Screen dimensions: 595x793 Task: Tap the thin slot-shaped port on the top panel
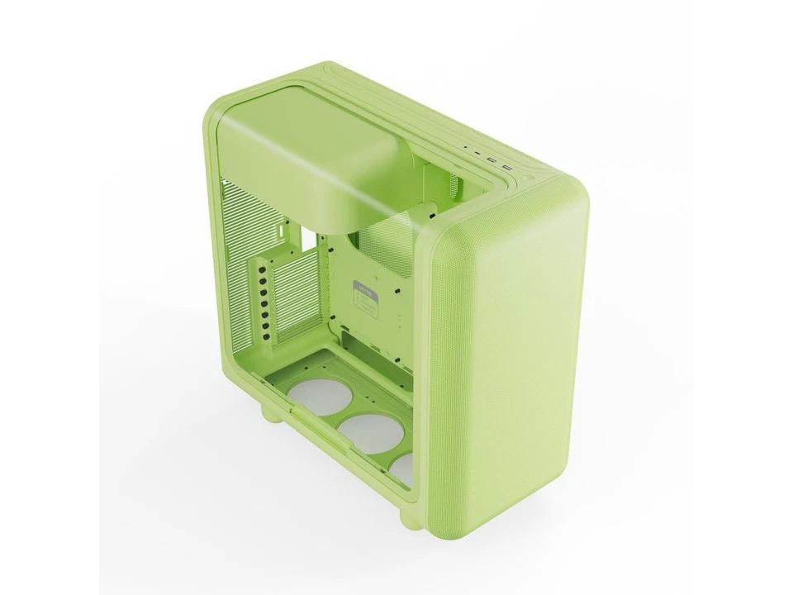(478, 154)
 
